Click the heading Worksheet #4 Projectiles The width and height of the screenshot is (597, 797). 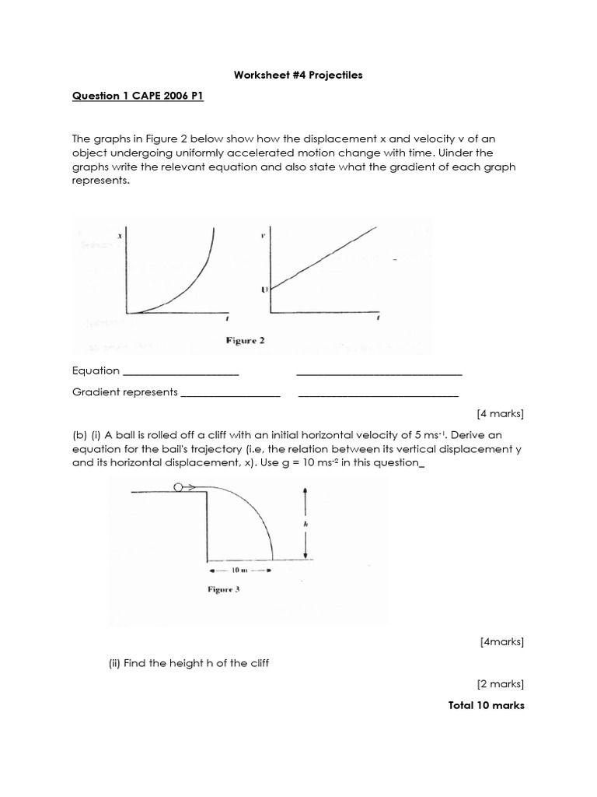pos(298,75)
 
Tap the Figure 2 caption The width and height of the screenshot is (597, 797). pos(245,341)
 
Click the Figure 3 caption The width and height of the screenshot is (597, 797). pos(223,589)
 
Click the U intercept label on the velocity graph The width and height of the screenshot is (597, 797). pos(264,290)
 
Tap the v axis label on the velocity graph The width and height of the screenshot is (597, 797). pos(264,233)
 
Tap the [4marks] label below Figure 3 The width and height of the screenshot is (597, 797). pos(502,641)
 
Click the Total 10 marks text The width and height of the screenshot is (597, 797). pos(487,705)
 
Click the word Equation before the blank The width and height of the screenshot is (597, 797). pos(96,370)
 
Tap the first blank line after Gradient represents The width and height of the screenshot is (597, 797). pos(230,395)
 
